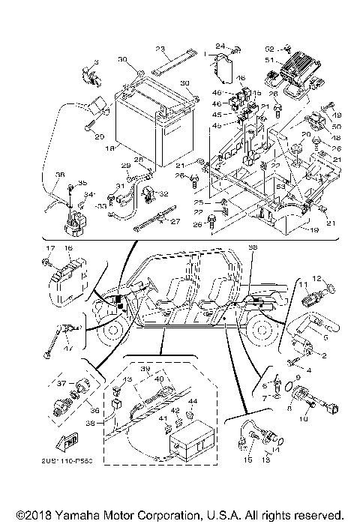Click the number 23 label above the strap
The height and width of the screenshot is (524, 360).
160,49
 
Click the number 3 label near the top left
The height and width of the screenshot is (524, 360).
96,59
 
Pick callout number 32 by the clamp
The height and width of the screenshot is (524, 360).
164,194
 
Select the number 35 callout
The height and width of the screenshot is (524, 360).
82,183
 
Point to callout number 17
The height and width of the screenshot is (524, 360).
47,248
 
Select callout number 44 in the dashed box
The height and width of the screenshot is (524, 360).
190,403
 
